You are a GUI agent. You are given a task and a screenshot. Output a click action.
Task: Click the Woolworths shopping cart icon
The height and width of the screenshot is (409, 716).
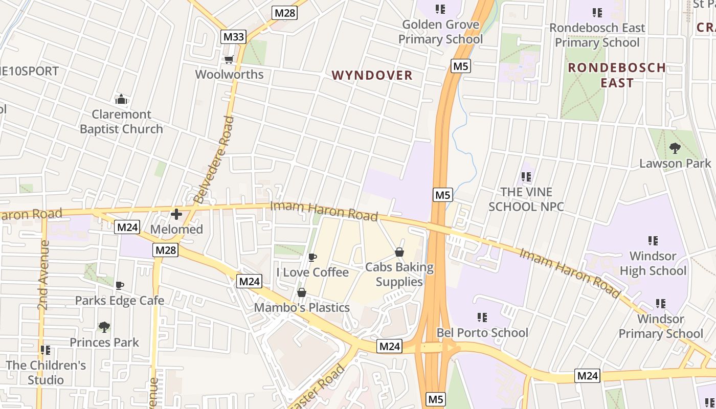pos(229,60)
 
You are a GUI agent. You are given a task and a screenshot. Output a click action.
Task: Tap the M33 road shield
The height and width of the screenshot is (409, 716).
pos(234,37)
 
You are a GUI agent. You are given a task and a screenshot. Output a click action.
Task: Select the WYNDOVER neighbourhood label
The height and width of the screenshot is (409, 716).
pos(372,76)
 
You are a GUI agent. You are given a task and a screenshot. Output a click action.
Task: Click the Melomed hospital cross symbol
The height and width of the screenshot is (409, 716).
pos(176,214)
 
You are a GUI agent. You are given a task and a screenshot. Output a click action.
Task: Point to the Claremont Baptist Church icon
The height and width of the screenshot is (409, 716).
pos(121,99)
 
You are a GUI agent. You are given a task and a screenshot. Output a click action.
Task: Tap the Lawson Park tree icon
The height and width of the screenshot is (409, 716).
pos(675,148)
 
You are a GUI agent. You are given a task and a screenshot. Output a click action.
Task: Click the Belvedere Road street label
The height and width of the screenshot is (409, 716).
pos(215,160)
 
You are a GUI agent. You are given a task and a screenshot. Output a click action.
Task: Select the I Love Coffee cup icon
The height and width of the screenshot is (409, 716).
pos(312,257)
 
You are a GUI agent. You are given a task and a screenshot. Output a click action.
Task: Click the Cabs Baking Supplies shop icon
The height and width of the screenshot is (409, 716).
pos(399,252)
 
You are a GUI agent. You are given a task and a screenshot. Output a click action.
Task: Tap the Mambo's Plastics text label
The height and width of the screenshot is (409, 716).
pos(302,308)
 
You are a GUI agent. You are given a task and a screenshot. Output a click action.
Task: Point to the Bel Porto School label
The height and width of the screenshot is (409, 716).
pos(482,333)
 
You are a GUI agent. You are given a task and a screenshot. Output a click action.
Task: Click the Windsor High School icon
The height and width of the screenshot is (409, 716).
pos(653,240)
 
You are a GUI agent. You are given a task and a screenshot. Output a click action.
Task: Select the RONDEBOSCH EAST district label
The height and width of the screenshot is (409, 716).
pos(617,75)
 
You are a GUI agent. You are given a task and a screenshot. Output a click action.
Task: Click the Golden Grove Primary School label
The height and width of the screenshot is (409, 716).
pos(440,32)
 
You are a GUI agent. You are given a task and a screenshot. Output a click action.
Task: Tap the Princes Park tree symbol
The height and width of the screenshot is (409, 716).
pos(104,326)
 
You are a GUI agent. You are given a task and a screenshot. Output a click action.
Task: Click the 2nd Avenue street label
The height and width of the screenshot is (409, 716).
pos(43,275)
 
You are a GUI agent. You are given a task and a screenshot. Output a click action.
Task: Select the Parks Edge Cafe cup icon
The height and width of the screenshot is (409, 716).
pos(120,285)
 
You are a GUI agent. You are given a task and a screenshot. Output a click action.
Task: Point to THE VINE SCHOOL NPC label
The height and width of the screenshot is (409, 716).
pos(526,199)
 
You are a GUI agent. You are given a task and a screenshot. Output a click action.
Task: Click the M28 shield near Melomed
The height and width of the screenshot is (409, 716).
pos(165,250)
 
